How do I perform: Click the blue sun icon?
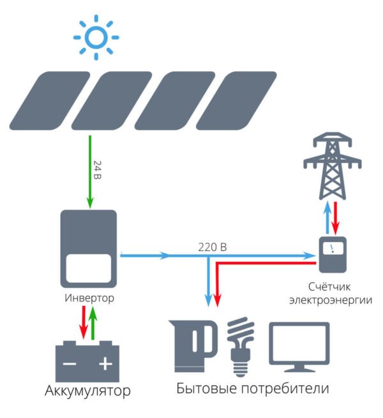tap(96, 38)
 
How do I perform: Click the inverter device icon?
tap(89, 249)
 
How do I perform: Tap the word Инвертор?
tap(89, 298)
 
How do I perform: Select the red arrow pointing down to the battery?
tap(82, 322)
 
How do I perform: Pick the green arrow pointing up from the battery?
tap(94, 322)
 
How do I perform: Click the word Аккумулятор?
tap(88, 390)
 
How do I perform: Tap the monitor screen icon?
tap(299, 347)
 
